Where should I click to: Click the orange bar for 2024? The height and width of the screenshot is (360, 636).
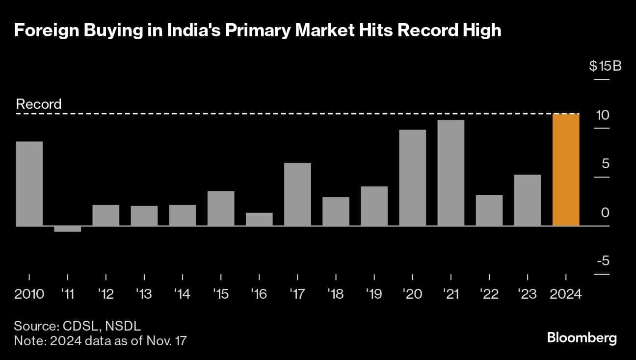coord(566,170)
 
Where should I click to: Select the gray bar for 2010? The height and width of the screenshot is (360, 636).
coord(29,183)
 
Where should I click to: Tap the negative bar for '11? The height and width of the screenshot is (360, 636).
coord(68,229)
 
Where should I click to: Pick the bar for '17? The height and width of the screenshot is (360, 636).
coord(297,194)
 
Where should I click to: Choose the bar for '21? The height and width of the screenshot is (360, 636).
coord(450,173)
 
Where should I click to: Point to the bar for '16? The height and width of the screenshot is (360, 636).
coord(259,219)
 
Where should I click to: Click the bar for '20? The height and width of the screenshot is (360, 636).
coord(412,178)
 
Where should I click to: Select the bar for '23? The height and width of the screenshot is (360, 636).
coord(527,200)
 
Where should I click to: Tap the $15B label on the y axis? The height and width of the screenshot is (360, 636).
coord(605,66)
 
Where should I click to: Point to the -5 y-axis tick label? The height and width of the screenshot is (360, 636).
coord(603,261)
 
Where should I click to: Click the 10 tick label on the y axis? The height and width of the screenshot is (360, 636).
coord(602,115)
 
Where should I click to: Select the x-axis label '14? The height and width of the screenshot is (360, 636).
coord(182,294)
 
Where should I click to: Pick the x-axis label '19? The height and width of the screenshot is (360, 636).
coord(374,294)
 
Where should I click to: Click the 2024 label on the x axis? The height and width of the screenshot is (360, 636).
coord(566,294)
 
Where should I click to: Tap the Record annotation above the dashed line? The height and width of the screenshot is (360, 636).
coord(39,104)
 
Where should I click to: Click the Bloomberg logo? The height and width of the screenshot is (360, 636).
coord(582,338)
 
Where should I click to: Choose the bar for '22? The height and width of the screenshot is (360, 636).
coord(489,210)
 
